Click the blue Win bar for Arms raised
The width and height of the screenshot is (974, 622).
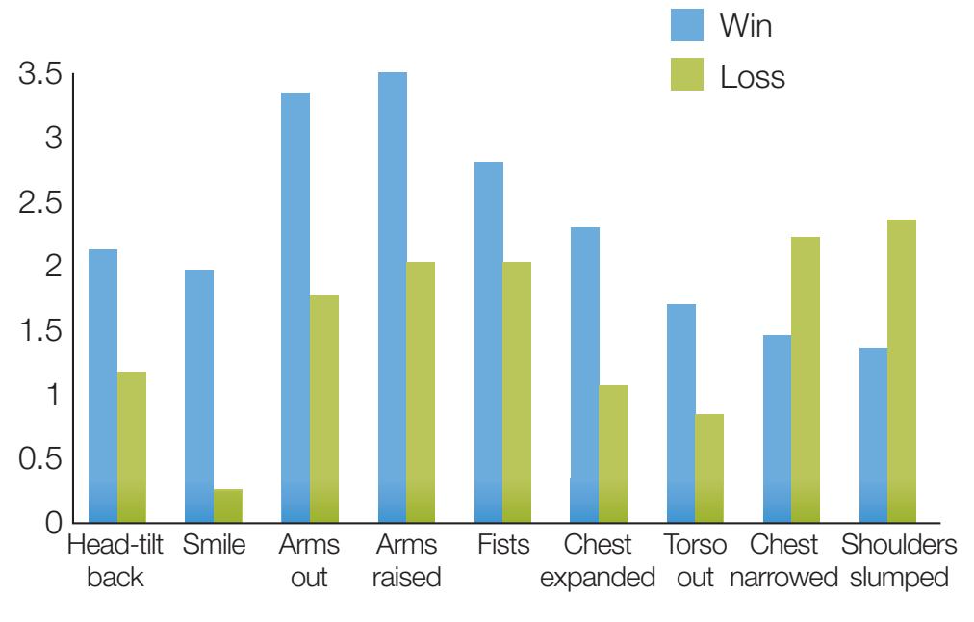coord(392,298)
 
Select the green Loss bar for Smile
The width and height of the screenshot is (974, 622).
coord(228,505)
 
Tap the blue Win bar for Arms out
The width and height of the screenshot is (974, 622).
coord(295,308)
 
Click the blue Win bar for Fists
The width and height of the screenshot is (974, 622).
coord(488,342)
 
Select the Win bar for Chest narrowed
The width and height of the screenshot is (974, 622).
coord(777,428)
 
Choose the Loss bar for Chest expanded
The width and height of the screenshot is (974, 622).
coord(613,454)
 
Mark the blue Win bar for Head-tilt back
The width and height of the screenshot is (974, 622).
coord(103,386)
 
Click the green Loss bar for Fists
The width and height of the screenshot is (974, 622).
coord(517,392)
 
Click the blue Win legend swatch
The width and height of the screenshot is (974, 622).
coord(687,26)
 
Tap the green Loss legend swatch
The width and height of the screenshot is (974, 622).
coord(687,75)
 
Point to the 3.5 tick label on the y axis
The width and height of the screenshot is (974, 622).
coord(39,74)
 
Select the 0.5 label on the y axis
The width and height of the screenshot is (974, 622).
coord(39,459)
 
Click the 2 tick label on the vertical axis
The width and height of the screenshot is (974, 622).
coord(54,267)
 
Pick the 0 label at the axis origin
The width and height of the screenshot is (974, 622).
coord(54,525)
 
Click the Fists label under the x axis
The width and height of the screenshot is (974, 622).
coord(503,546)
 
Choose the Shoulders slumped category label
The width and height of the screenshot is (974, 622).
coord(898,562)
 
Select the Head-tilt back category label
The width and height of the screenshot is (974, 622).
coord(115,562)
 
